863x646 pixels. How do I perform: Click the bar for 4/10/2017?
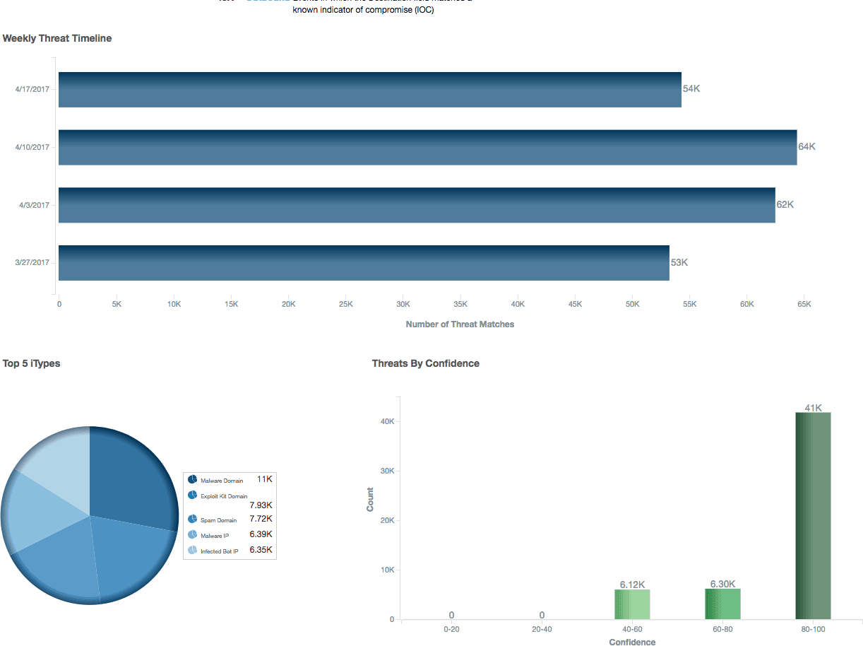click(427, 147)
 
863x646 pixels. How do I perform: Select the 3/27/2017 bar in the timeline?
click(364, 263)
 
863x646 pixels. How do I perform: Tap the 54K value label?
click(691, 89)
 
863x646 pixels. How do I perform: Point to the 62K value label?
click(785, 205)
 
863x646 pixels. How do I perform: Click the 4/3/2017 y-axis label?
click(34, 205)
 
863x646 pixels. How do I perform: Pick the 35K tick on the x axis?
click(460, 304)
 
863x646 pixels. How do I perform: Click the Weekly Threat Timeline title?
click(57, 38)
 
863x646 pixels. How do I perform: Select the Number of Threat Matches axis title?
click(460, 324)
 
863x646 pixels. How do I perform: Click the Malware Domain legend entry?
click(221, 481)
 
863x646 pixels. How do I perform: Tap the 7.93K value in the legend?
click(261, 505)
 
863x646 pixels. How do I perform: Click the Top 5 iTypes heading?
click(31, 363)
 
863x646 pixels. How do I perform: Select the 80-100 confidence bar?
click(813, 515)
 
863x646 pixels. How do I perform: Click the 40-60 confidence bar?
click(632, 604)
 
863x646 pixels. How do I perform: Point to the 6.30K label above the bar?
click(722, 584)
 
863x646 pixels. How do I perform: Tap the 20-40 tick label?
click(542, 628)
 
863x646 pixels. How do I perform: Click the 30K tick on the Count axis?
click(387, 471)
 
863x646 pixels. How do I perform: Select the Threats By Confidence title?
click(425, 363)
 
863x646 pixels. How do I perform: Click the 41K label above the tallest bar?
click(813, 408)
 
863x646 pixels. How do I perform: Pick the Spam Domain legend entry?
click(218, 520)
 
